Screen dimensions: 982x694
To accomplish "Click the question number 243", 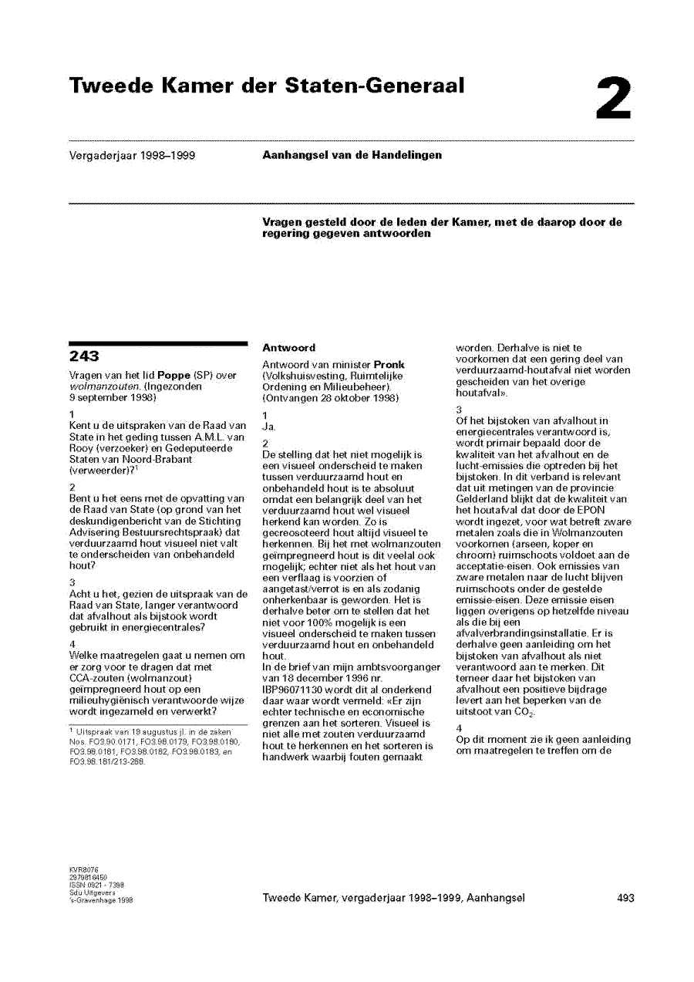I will [x=84, y=356].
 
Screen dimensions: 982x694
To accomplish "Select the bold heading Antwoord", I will [x=288, y=348].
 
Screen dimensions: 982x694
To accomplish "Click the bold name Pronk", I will [x=389, y=364].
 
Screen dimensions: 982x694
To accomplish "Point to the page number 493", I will [x=626, y=898].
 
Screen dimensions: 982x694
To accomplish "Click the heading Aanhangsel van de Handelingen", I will [x=352, y=155].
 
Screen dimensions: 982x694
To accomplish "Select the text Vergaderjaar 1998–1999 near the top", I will [x=132, y=156].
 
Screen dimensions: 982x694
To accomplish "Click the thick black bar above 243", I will [x=157, y=342].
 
